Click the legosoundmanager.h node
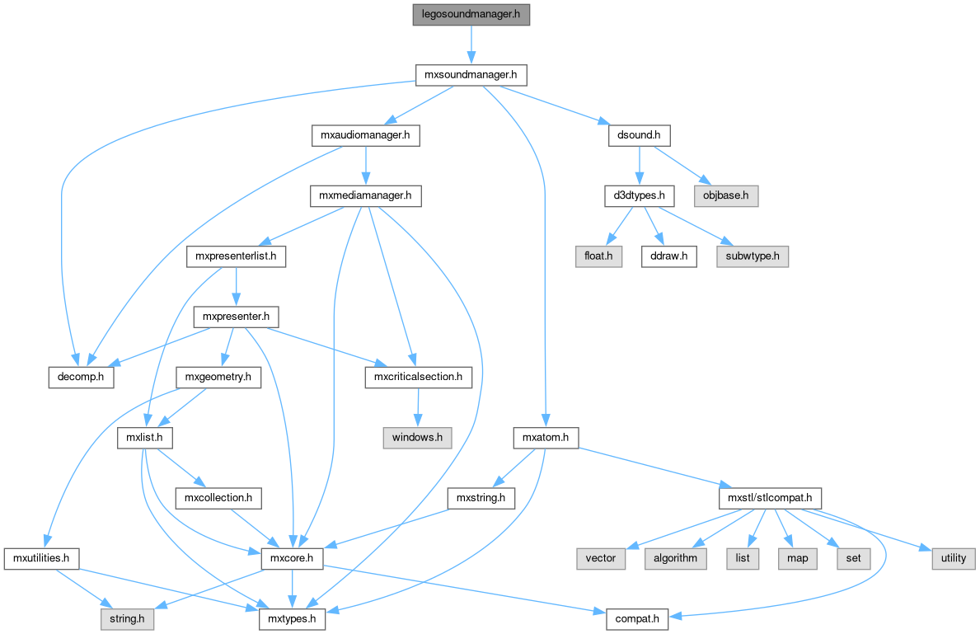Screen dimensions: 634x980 [x=471, y=16]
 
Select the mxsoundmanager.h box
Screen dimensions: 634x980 [x=471, y=75]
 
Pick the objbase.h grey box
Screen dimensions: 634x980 [x=724, y=196]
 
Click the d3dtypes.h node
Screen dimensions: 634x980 [x=640, y=196]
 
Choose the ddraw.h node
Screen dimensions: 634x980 [x=668, y=256]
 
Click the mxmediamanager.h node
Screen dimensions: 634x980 [x=365, y=196]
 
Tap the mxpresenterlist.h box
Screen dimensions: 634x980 [x=236, y=256]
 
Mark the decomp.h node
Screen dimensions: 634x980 [x=80, y=377]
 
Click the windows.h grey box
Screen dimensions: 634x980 [x=418, y=437]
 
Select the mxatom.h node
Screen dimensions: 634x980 [x=546, y=437]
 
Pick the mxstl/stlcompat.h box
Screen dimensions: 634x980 [x=770, y=498]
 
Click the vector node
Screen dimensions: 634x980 [x=601, y=558]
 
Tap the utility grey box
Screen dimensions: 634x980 [x=953, y=558]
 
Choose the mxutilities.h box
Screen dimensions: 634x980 [x=40, y=558]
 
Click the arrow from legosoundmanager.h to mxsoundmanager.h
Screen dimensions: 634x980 [x=471, y=45]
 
